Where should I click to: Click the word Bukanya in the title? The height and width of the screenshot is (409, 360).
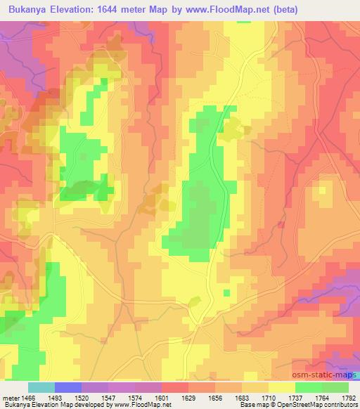[26, 10]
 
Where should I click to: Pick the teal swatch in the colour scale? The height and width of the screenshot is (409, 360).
[41, 387]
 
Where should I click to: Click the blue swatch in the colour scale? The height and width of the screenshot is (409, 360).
[68, 387]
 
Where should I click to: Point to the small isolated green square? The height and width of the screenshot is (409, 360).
[226, 292]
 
